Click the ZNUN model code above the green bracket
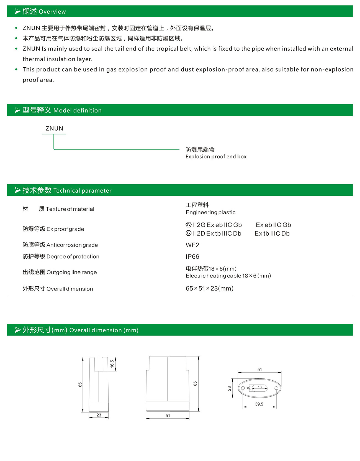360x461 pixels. coord(54,128)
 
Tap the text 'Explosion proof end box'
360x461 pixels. coord(216,157)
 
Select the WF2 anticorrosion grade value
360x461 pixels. coord(192,245)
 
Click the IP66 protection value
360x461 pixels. coord(192,257)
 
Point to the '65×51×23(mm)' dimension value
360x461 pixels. coord(209,289)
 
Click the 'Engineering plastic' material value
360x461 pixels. coord(210,212)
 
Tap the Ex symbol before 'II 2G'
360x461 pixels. coord(189,225)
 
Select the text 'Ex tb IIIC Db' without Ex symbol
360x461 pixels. coord(272,233)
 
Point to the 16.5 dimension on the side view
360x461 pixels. coord(112,364)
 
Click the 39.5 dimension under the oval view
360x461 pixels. coord(259,404)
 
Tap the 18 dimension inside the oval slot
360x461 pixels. coord(260,387)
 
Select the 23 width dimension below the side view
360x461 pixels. coord(99,415)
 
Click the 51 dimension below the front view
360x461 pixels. coord(168,416)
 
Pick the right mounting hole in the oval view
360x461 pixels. coord(276,388)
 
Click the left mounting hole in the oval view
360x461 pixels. coord(243,388)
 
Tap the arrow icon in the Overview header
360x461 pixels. coord(18,11)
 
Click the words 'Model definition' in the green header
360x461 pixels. coord(78,110)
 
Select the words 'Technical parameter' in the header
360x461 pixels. coord(82,190)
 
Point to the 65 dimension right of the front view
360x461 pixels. coord(195,384)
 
